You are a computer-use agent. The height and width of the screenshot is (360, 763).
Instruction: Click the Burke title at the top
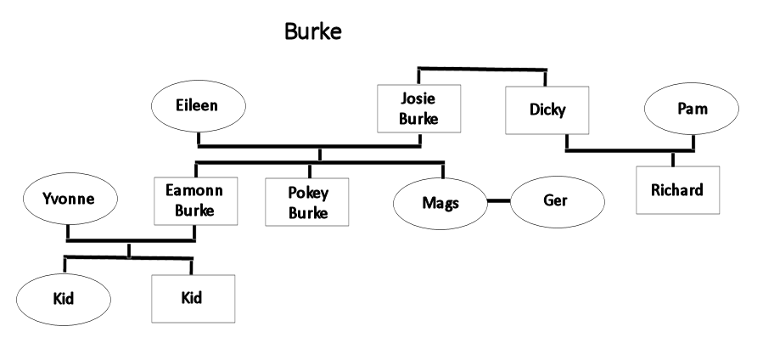pyautogui.click(x=312, y=32)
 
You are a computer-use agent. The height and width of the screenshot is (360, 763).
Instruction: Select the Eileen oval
pyautogui.click(x=198, y=107)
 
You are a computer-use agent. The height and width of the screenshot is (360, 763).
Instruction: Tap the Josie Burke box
pyautogui.click(x=419, y=109)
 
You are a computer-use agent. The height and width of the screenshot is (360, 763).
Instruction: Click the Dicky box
pyautogui.click(x=547, y=110)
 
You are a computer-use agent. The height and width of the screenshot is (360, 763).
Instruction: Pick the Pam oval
pyautogui.click(x=692, y=110)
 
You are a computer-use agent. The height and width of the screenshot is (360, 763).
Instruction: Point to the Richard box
pyautogui.click(x=677, y=190)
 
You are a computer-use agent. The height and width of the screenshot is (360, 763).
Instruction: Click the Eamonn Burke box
pyautogui.click(x=194, y=201)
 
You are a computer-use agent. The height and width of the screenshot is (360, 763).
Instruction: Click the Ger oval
pyautogui.click(x=556, y=201)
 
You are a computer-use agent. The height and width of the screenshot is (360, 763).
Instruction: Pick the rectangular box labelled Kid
pyautogui.click(x=194, y=298)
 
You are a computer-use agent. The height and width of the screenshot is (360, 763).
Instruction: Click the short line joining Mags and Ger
pyautogui.click(x=498, y=201)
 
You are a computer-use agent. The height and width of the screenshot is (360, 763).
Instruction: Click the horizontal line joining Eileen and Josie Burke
pyautogui.click(x=309, y=146)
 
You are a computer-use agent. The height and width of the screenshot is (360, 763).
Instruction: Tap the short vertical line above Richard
pyautogui.click(x=673, y=160)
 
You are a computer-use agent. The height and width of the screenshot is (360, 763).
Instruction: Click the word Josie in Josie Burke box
pyautogui.click(x=419, y=100)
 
